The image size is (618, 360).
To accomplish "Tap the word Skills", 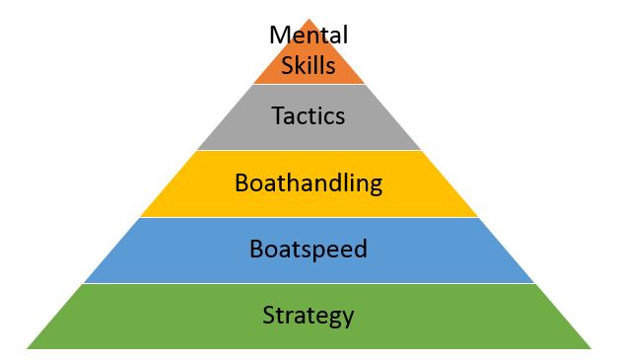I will pos(309,67).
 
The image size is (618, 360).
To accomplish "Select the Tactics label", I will pos(309,116).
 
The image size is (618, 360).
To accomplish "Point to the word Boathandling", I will pos(309,183).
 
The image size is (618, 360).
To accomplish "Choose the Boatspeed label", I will pos(309,250).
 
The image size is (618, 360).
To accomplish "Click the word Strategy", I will pos(309,316).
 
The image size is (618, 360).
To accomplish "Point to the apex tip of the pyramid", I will pos(309,19).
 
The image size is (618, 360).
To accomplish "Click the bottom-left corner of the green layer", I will pos(28,348).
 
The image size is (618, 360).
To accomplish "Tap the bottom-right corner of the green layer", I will pos(589,348).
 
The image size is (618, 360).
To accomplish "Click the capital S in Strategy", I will pos(269,316).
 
